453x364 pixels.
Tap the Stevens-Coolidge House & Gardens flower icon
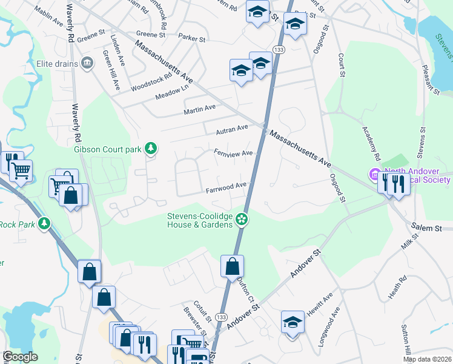242,219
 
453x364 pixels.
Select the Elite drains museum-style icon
87,62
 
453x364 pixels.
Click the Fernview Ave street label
233,153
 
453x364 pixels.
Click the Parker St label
192,38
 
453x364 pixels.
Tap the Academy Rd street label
371,140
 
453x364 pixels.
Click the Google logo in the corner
19,357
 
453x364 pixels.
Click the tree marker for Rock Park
44,224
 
